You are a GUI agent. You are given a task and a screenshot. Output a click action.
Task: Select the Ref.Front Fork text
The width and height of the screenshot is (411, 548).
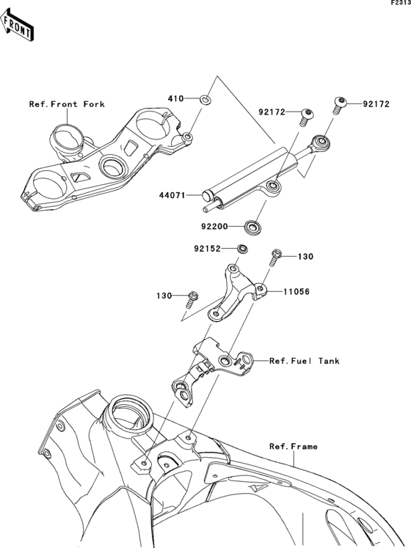tap(67, 105)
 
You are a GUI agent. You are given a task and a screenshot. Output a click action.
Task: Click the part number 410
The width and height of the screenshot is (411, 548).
tap(175, 98)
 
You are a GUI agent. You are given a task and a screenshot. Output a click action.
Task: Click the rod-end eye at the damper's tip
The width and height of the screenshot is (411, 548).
tap(321, 142)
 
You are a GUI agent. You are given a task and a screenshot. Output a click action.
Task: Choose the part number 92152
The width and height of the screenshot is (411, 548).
tap(208, 249)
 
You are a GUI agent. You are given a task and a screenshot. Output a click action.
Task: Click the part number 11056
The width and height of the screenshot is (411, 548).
tap(297, 291)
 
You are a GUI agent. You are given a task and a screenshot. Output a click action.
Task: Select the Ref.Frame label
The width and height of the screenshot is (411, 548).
tap(293, 446)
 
